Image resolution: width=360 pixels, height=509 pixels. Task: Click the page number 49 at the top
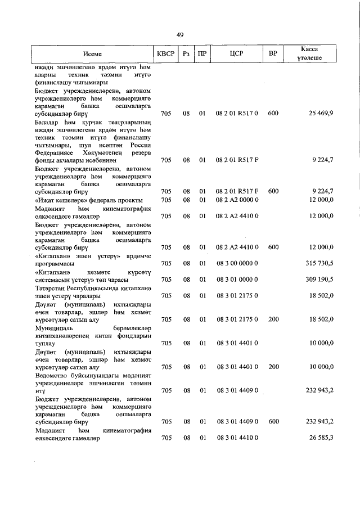pyautogui.click(x=180, y=35)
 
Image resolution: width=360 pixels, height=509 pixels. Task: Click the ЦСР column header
pyautogui.click(x=236, y=54)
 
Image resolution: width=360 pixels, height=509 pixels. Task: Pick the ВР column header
pyautogui.click(x=273, y=54)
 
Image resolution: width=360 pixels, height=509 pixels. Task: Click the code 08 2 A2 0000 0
pyautogui.click(x=236, y=200)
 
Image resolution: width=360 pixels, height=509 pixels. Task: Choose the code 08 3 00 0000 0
pyautogui.click(x=236, y=263)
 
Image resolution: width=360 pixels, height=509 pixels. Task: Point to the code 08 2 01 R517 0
pyautogui.click(x=236, y=113)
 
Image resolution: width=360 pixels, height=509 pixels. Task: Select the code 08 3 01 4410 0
pyautogui.click(x=236, y=438)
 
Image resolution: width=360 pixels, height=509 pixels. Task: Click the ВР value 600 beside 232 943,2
pyautogui.click(x=273, y=421)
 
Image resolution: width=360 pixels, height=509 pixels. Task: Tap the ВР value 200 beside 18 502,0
pyautogui.click(x=273, y=319)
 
